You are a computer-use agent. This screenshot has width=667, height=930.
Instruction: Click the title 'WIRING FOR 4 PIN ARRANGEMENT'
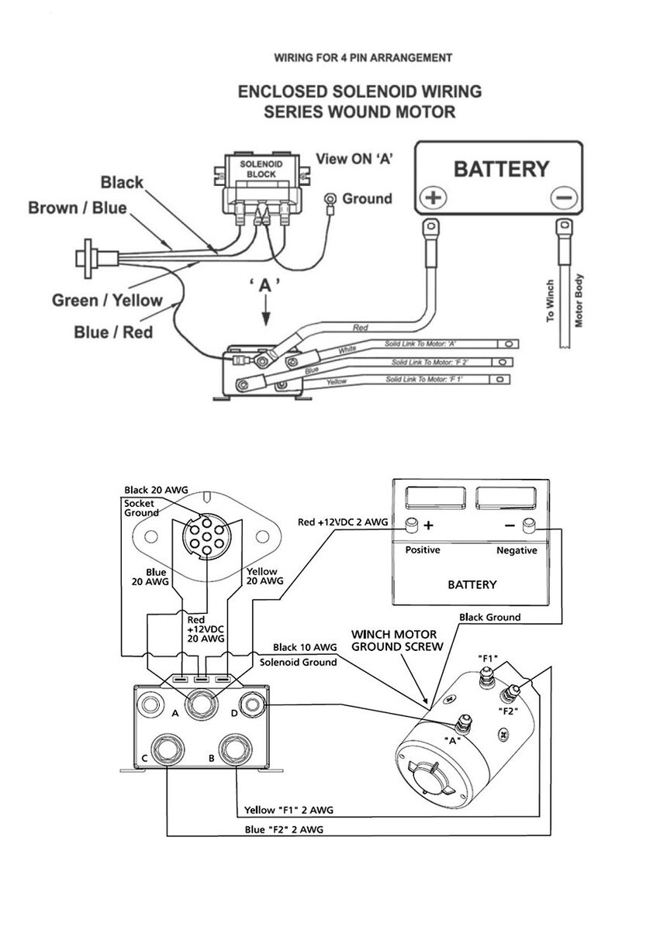tap(364, 57)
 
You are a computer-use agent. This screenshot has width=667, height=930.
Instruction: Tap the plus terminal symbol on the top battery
tap(433, 198)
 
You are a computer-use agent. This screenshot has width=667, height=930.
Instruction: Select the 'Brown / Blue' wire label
tap(77, 208)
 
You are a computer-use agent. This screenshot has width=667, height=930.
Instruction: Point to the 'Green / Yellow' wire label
tap(107, 300)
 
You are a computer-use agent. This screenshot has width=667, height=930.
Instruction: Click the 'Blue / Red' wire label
tap(112, 332)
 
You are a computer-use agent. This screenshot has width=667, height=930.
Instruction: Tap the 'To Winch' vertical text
tap(550, 301)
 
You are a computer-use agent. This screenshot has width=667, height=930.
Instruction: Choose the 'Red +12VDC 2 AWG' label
tap(342, 522)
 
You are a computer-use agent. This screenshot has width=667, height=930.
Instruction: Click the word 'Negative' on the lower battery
tap(516, 550)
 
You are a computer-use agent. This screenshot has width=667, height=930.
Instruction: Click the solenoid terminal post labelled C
tap(167, 750)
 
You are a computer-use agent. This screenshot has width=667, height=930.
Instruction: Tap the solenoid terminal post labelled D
tap(251, 705)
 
